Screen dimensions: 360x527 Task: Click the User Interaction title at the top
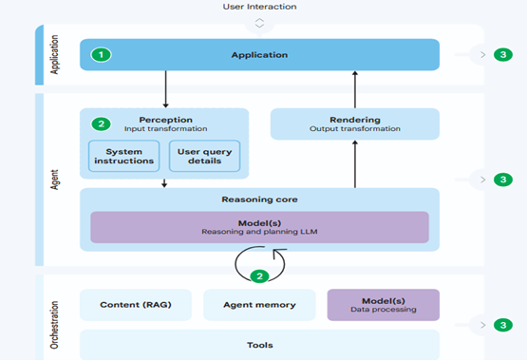[259, 7]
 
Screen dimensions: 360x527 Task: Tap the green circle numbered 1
[102, 55]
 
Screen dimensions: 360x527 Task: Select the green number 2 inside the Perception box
[102, 123]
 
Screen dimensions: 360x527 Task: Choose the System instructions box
[124, 156]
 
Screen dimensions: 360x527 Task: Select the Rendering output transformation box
[355, 124]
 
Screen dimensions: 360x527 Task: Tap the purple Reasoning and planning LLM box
[259, 226]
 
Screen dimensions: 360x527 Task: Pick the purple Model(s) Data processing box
[383, 305]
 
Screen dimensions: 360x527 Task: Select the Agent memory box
[258, 305]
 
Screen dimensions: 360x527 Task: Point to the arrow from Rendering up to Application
[355, 89]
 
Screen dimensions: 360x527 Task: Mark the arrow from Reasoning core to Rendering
[355, 163]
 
